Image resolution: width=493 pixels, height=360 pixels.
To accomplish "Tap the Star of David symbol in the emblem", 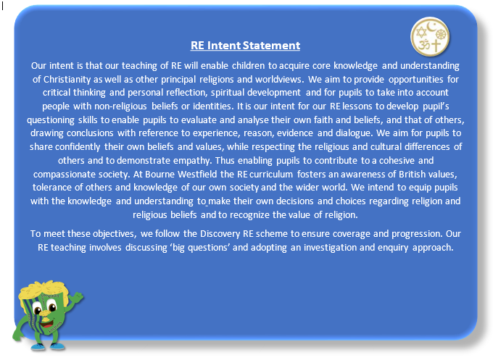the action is click(x=421, y=32).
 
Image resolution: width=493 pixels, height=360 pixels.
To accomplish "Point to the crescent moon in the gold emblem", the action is click(x=431, y=26).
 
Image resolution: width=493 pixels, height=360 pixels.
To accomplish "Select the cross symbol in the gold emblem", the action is click(x=436, y=46).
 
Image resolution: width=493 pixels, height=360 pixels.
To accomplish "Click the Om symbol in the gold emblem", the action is click(x=424, y=45).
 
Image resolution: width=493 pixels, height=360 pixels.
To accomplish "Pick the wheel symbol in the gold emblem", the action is click(x=441, y=34).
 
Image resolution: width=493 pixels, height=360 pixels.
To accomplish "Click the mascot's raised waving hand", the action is click(x=76, y=297).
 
